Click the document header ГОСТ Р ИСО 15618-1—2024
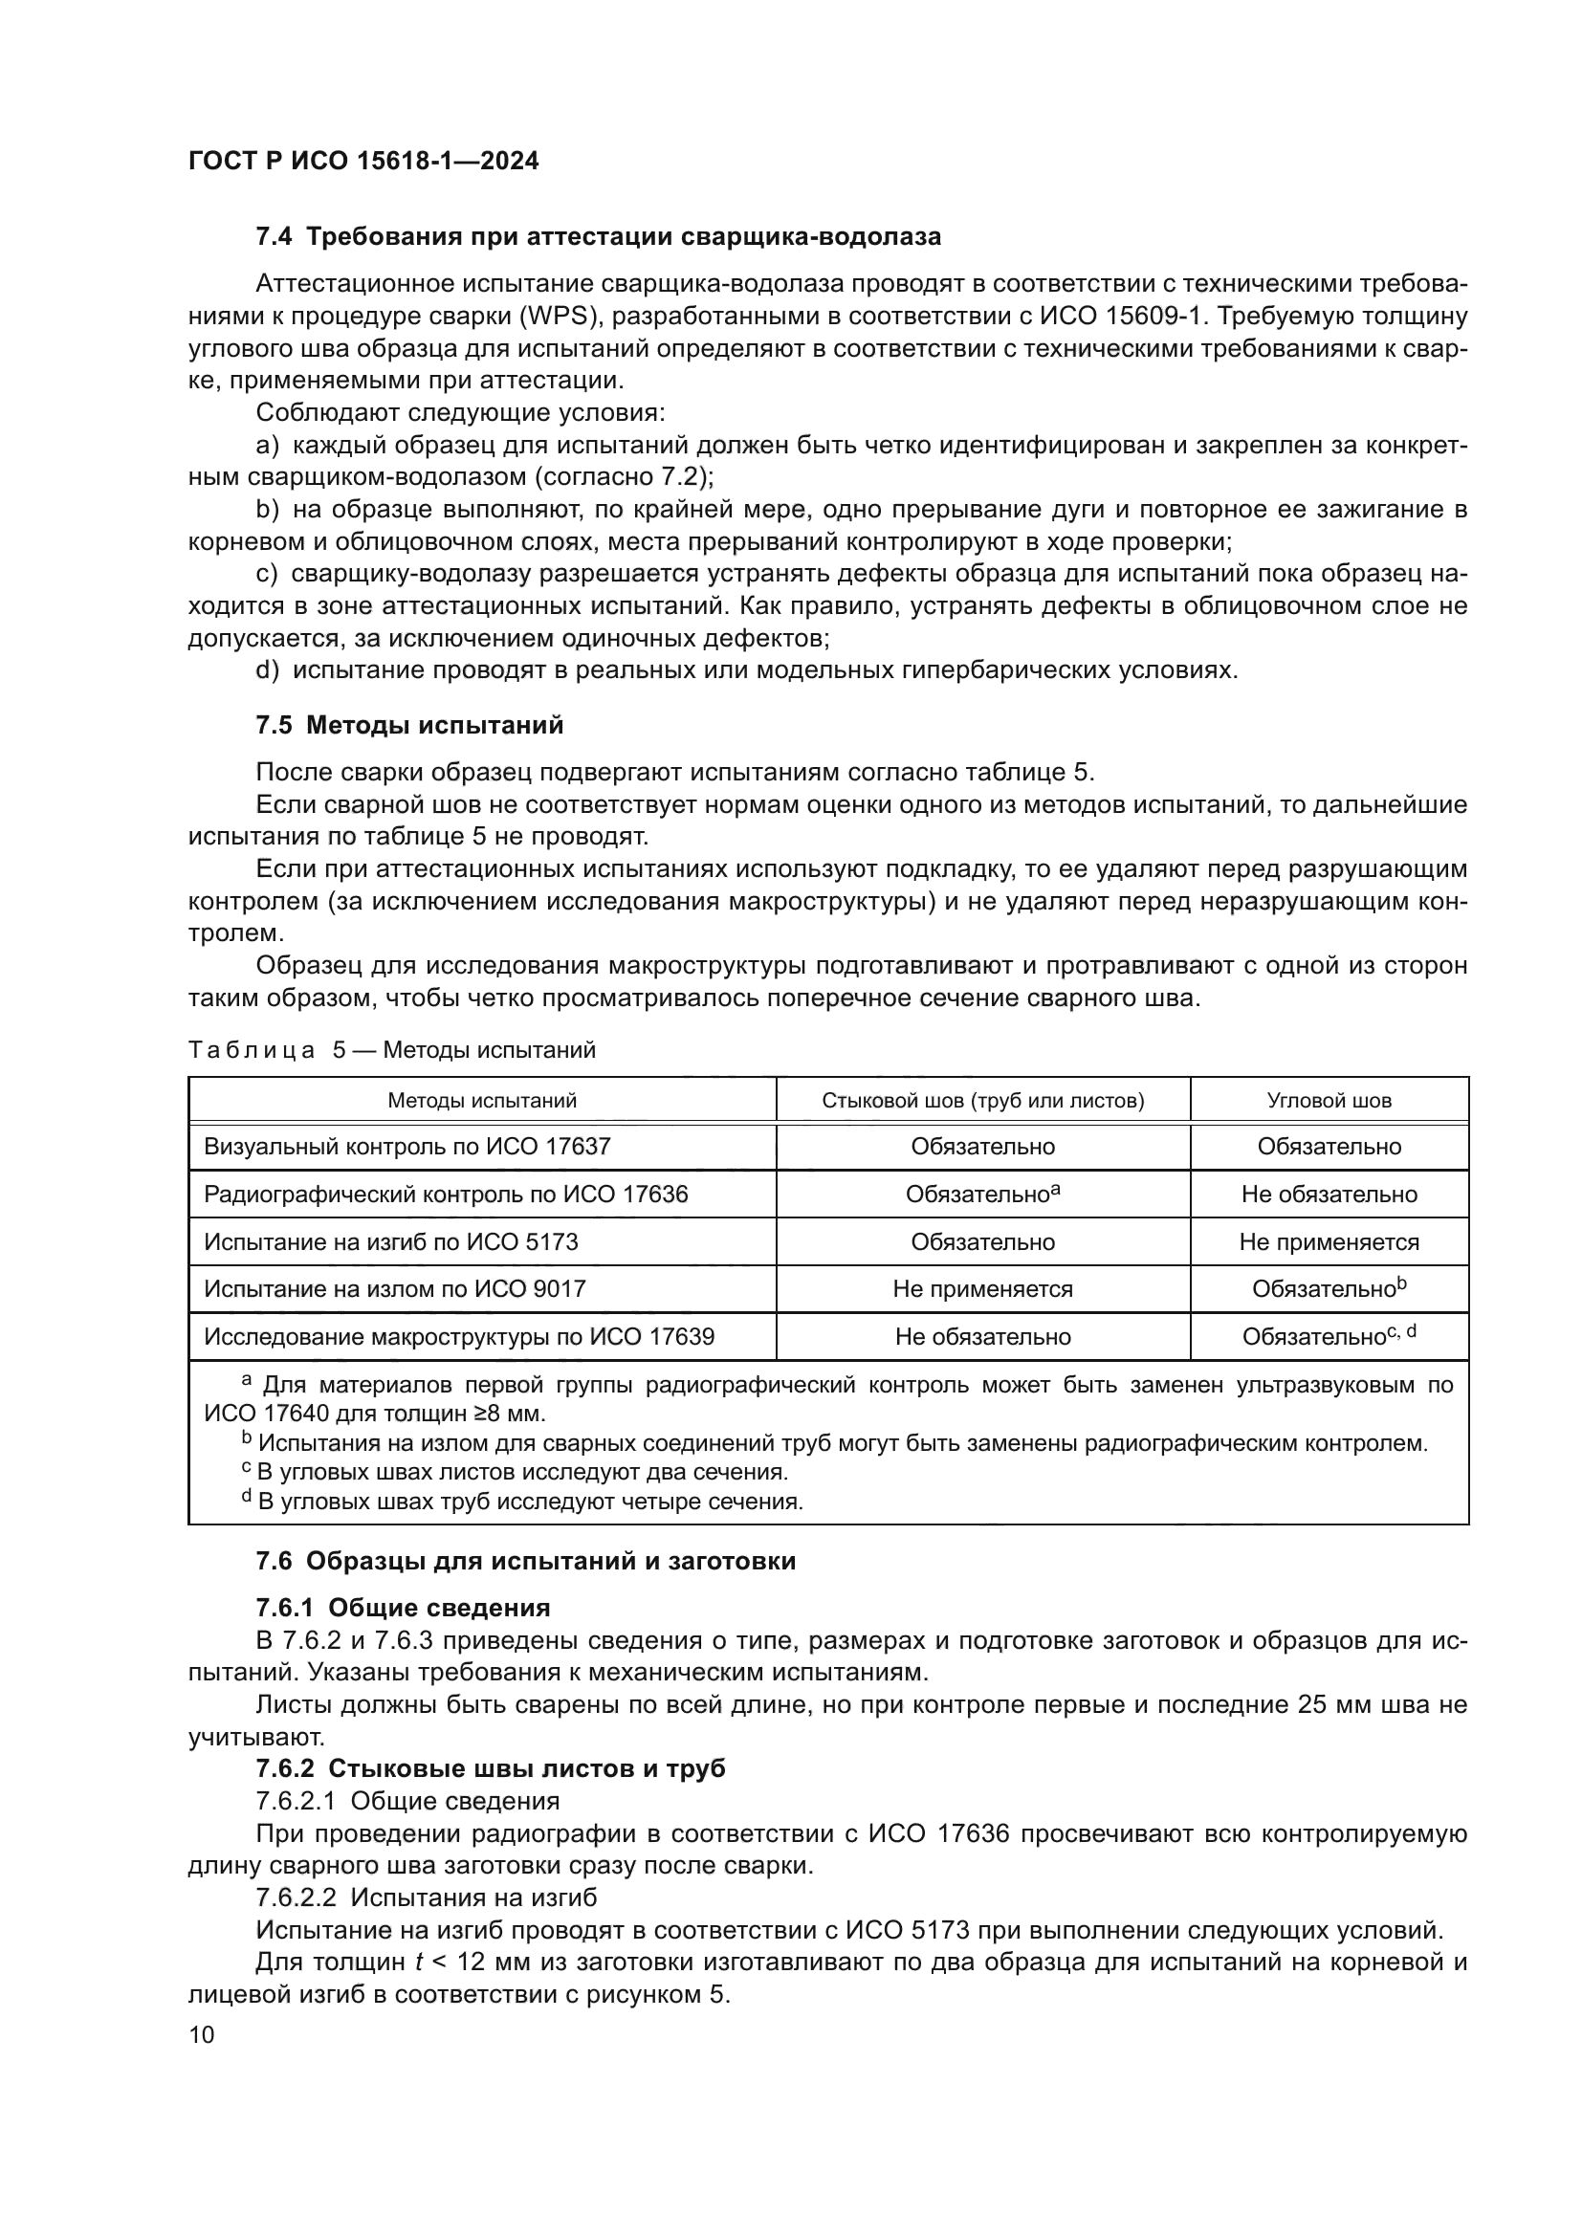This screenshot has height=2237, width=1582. pyautogui.click(x=363, y=161)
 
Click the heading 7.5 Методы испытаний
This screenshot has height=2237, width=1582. pyautogui.click(x=409, y=725)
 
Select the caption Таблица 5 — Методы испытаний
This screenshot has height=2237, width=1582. pyautogui.click(x=390, y=1050)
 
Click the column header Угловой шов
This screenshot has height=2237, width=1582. pyautogui.click(x=1329, y=1101)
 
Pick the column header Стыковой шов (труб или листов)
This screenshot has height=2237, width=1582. pyautogui.click(x=982, y=1101)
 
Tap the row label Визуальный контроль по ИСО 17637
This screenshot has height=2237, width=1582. pyautogui.click(x=406, y=1147)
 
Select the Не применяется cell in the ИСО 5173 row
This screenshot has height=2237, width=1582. pyautogui.click(x=1329, y=1242)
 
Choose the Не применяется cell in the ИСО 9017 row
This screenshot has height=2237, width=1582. pyautogui.click(x=982, y=1290)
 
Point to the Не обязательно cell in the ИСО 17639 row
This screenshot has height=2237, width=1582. pyautogui.click(x=982, y=1338)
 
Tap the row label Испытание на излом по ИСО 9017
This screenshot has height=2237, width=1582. pyautogui.click(x=394, y=1290)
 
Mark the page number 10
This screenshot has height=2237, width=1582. pyautogui.click(x=202, y=2035)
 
